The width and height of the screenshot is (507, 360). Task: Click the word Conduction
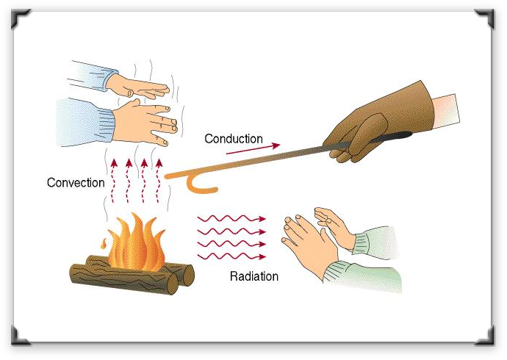(233, 139)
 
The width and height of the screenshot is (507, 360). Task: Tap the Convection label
(76, 182)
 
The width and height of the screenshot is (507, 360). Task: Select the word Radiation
(254, 277)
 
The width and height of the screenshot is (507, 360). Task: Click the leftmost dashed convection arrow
(112, 176)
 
